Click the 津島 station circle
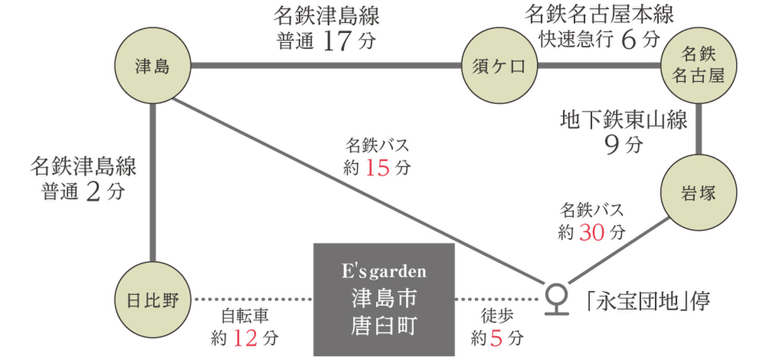pyautogui.click(x=154, y=66)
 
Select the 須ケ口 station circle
pyautogui.click(x=499, y=66)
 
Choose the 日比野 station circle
pyautogui.click(x=154, y=299)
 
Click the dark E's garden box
pyautogui.click(x=384, y=299)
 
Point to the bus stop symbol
pyautogui.click(x=557, y=297)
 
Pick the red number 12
pyautogui.click(x=246, y=337)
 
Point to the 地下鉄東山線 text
pyautogui.click(x=624, y=120)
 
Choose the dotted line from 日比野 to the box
pyautogui.click(x=253, y=299)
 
